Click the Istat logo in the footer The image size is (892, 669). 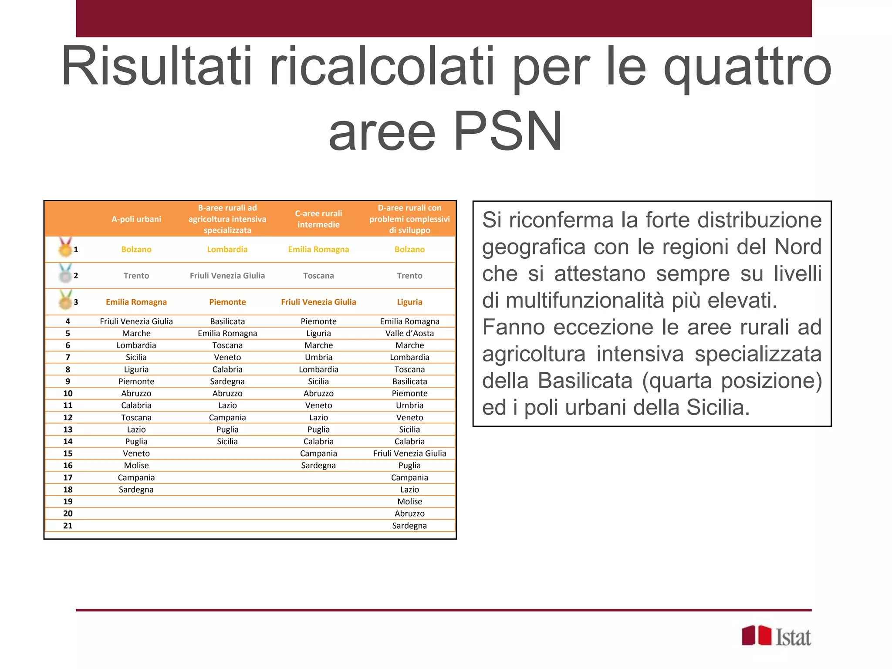776,637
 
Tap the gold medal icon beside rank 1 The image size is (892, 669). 65,248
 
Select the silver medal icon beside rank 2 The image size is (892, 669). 65,274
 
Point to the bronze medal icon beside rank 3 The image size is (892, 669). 65,300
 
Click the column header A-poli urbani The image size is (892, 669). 136,219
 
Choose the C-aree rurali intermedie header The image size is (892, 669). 318,219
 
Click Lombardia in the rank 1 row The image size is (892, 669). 227,250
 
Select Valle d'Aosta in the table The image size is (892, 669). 409,333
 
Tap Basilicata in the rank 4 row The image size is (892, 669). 227,321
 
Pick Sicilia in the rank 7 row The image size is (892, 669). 136,357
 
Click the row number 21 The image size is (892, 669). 68,526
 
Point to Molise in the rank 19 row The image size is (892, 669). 409,501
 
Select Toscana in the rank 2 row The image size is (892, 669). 318,276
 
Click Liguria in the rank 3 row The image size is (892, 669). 409,302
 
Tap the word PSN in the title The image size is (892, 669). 508,131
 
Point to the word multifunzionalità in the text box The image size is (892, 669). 583,301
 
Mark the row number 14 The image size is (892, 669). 68,441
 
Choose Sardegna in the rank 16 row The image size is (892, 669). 318,465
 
